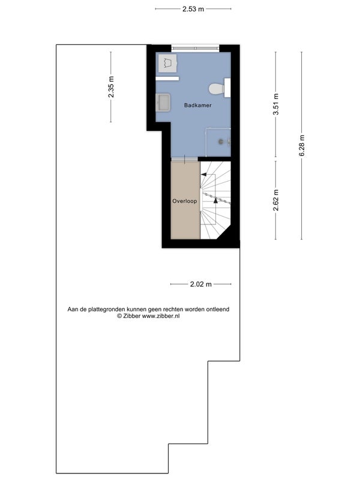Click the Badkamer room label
[x=198, y=105]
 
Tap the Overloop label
[x=185, y=201]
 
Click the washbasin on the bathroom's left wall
[x=163, y=103]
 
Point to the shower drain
[x=221, y=142]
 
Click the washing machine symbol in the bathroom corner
[x=167, y=64]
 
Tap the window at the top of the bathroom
[x=196, y=48]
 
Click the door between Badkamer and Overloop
[x=185, y=159]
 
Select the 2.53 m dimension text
[x=193, y=9]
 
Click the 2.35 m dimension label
[x=111, y=87]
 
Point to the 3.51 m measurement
[x=276, y=104]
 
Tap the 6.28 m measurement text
[x=302, y=146]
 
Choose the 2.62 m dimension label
[x=276, y=200]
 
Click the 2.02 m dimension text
[x=201, y=284]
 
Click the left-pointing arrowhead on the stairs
[x=203, y=175]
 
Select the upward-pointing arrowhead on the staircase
[x=215, y=200]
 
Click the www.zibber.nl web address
[x=161, y=316]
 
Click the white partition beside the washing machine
[x=167, y=79]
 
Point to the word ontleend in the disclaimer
[x=218, y=309]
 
